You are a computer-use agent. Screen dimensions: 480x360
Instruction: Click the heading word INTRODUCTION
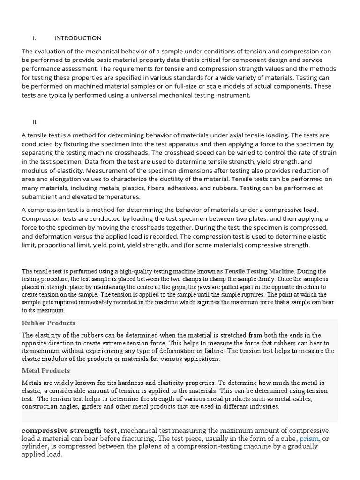[78, 38]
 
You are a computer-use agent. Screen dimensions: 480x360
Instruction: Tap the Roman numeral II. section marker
[35, 122]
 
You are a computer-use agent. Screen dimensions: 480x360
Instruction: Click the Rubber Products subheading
[49, 323]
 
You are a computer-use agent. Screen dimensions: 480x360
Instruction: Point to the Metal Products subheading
[45, 371]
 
